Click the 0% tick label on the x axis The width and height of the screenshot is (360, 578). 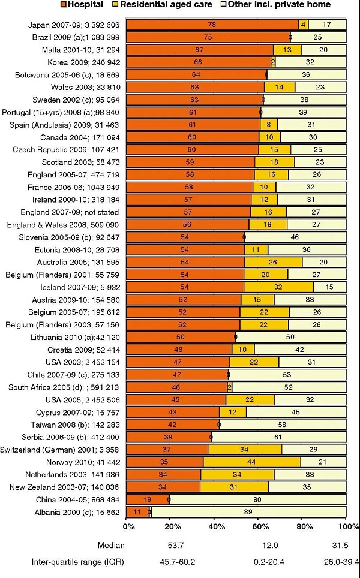point(128,526)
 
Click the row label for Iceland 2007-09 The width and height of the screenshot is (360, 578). point(79,287)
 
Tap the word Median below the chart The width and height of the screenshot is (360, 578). point(112,546)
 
